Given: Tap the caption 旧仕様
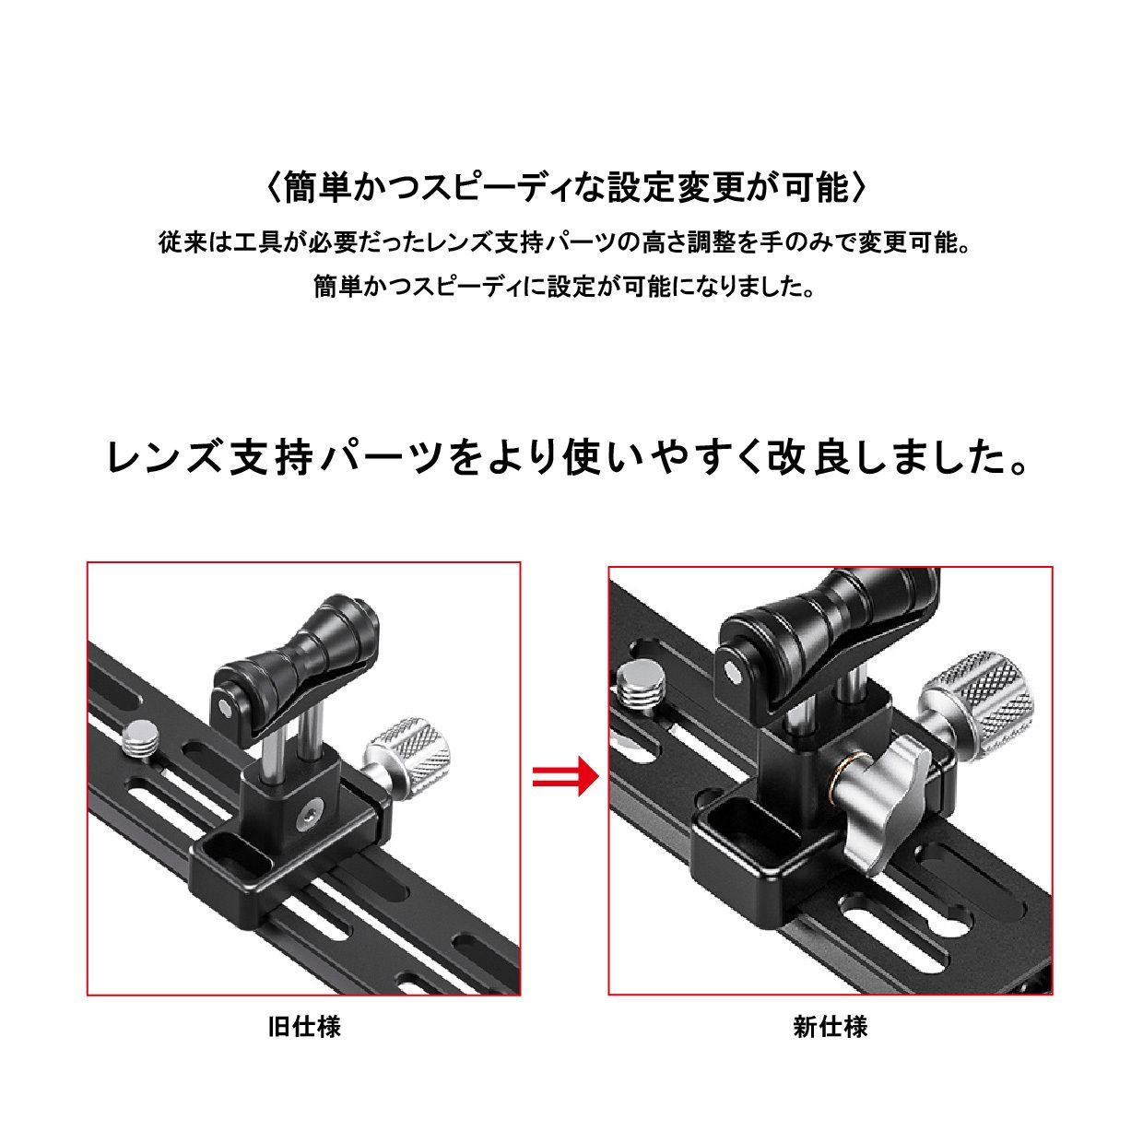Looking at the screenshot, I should click(304, 1026).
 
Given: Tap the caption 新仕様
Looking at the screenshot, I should click(830, 1026).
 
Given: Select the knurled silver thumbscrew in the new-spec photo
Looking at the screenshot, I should click(976, 701).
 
